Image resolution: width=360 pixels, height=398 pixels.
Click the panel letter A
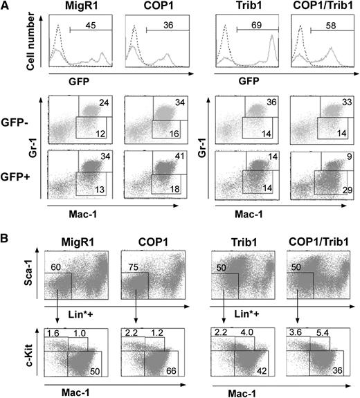6,6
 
